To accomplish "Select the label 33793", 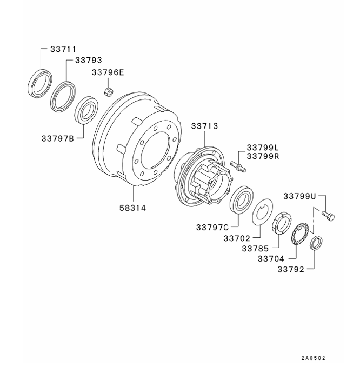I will (89, 61).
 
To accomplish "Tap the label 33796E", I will (108, 72).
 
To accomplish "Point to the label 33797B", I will (57, 138).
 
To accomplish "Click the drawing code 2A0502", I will (314, 358).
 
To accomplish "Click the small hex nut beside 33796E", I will (108, 91).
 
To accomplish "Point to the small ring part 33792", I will (316, 242).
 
